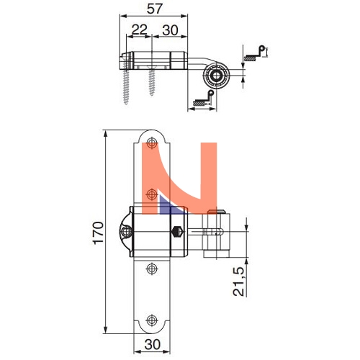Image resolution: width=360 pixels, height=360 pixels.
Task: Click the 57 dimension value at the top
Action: click(155, 9)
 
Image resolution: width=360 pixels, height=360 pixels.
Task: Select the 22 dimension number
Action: click(139, 30)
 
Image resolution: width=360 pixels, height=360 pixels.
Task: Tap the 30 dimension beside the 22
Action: click(170, 30)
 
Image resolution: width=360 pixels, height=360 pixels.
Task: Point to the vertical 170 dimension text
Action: click(99, 233)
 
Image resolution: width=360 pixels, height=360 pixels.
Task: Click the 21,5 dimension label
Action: click(239, 282)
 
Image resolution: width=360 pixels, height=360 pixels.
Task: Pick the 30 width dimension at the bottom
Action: click(153, 345)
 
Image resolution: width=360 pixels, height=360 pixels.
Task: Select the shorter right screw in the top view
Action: click(152, 81)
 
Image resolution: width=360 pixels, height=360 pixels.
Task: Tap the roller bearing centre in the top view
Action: click(216, 76)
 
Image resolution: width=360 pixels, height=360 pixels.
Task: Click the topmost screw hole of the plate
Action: click(152, 143)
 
